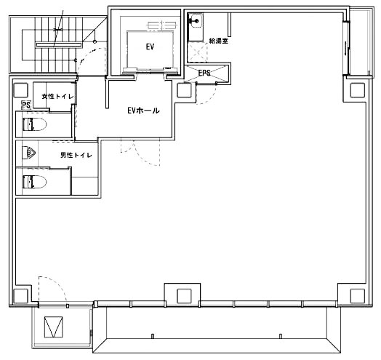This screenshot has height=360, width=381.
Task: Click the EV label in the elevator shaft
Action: coord(151,47)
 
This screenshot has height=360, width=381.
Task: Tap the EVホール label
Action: coord(144,111)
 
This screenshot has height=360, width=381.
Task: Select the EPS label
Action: coord(204,73)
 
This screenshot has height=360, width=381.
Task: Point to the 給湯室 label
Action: coord(219,41)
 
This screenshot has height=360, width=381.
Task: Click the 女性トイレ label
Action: coord(58,97)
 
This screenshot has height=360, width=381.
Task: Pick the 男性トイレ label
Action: coord(76,155)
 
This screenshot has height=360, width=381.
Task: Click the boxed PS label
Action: coord(26,105)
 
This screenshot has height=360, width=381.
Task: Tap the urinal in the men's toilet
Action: coord(29,153)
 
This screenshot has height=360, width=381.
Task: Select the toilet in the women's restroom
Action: coord(34,124)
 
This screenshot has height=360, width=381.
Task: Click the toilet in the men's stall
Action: coord(34,182)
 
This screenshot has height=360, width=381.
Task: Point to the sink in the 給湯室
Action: coord(196,21)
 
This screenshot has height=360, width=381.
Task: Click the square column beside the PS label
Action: coord(20,90)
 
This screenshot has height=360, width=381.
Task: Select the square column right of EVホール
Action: coord(185,90)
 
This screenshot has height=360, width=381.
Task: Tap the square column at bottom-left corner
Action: coord(20,296)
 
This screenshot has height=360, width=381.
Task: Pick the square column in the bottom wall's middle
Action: coord(185,296)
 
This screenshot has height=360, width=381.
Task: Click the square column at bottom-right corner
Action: coord(358,296)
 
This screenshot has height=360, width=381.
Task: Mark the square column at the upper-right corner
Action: coord(358,90)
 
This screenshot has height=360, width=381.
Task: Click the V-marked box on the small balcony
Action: coord(54,327)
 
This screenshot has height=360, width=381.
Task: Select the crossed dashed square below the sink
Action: coord(198,52)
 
